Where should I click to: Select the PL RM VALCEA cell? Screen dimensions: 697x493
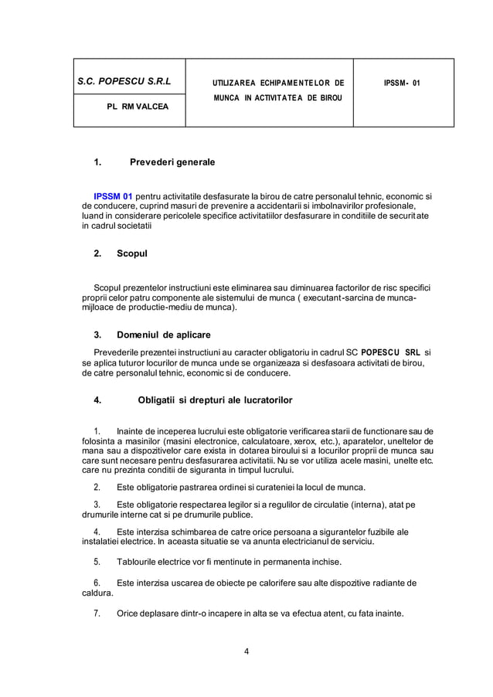point(124,110)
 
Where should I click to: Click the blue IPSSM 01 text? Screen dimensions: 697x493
point(112,196)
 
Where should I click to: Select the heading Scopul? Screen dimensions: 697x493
point(131,253)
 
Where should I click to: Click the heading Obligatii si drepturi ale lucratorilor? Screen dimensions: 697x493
point(214,399)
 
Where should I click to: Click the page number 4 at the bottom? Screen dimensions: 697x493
point(246,650)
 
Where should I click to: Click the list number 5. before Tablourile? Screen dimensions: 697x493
point(97,561)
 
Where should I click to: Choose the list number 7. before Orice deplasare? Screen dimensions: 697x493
point(97,614)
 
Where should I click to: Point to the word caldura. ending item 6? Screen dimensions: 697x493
point(97,593)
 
